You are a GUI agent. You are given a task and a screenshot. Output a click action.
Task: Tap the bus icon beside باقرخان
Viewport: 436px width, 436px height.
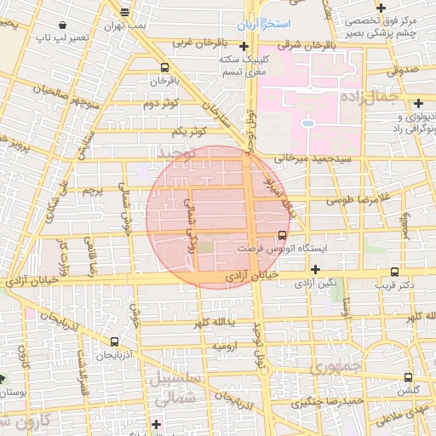click(x=163, y=67)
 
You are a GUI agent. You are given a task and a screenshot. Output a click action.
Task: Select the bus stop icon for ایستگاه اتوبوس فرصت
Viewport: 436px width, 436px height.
click(x=283, y=235)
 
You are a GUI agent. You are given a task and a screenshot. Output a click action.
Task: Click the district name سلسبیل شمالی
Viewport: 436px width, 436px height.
click(x=177, y=388)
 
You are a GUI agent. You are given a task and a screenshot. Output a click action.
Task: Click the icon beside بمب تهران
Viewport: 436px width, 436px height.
click(x=125, y=12)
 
